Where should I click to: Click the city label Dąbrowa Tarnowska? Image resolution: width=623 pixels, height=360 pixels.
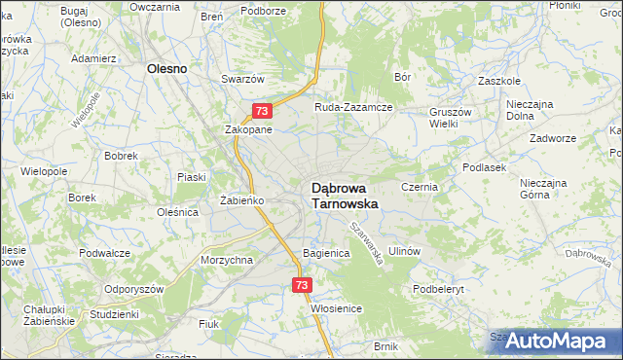pyautogui.click(x=345, y=196)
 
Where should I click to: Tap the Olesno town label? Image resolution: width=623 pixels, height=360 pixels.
pyautogui.click(x=166, y=69)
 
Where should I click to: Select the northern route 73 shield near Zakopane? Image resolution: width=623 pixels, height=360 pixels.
pyautogui.click(x=262, y=112)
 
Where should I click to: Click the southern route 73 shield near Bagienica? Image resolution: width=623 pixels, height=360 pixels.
pyautogui.click(x=301, y=285)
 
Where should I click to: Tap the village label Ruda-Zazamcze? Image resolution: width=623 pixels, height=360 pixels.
pyautogui.click(x=352, y=107)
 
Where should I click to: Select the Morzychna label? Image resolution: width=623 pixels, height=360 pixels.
pyautogui.click(x=227, y=260)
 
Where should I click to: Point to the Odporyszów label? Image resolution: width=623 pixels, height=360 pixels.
pyautogui.click(x=134, y=289)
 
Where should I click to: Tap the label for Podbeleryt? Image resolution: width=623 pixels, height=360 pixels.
pyautogui.click(x=442, y=289)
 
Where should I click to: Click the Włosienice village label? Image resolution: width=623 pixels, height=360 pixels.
pyautogui.click(x=337, y=308)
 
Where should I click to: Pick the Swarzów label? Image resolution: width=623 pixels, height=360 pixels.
pyautogui.click(x=243, y=78)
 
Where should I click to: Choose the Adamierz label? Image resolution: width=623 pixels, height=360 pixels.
pyautogui.click(x=94, y=58)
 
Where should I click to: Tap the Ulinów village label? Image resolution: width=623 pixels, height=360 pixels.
pyautogui.click(x=403, y=251)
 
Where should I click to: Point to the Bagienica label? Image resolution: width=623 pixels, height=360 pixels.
pyautogui.click(x=326, y=253)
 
